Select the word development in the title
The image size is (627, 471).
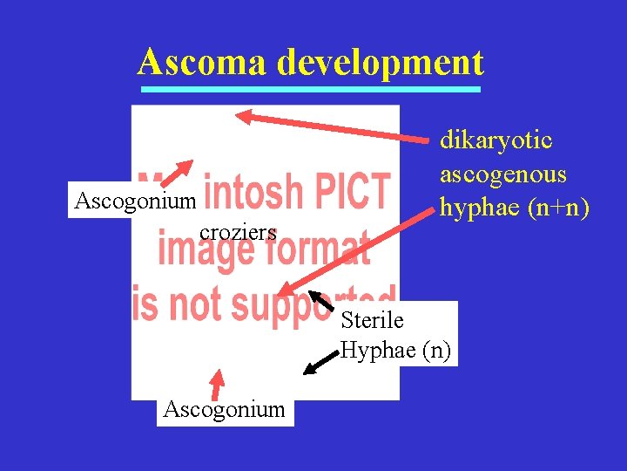pyautogui.click(x=381, y=63)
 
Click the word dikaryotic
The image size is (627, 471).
pyautogui.click(x=496, y=140)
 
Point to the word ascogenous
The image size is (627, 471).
pyautogui.click(x=502, y=174)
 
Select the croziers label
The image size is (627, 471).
pyautogui.click(x=238, y=232)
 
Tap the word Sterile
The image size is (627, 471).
pyautogui.click(x=372, y=320)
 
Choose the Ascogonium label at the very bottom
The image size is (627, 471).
pyautogui.click(x=225, y=408)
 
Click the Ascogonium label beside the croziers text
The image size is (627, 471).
pyautogui.click(x=136, y=201)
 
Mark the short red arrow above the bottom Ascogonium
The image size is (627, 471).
pyautogui.click(x=217, y=383)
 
